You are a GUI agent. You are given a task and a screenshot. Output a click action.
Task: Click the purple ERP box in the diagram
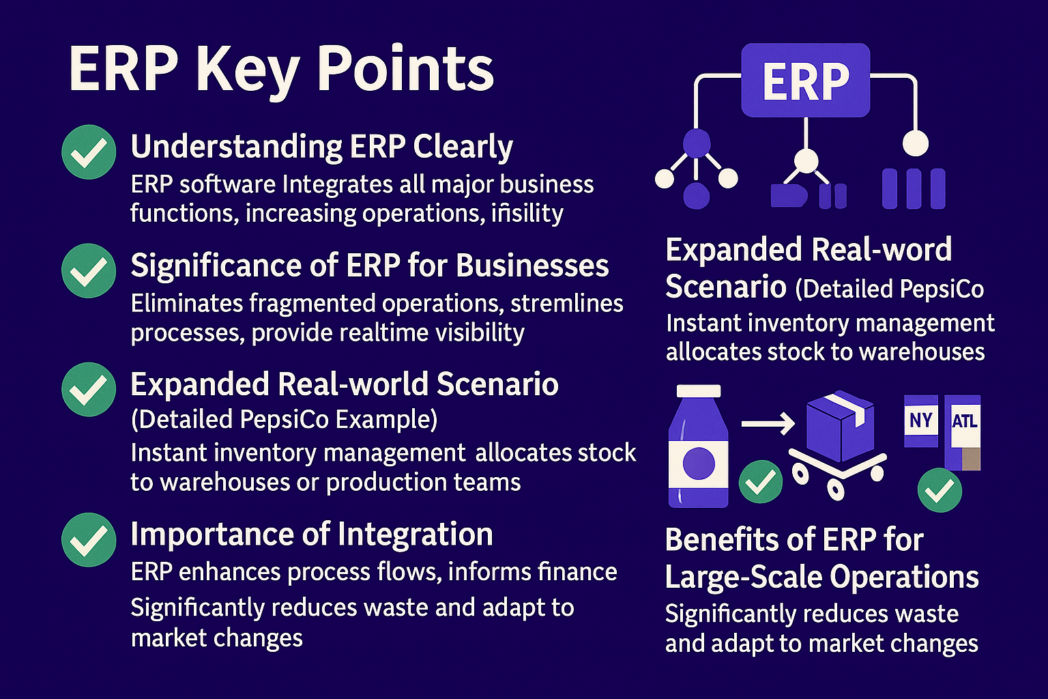pyautogui.click(x=805, y=80)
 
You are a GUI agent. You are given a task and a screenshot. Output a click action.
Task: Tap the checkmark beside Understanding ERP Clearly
pyautogui.click(x=89, y=152)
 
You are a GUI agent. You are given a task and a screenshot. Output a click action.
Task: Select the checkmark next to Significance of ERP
pyautogui.click(x=89, y=270)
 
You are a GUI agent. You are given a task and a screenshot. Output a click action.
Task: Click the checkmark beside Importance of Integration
pyautogui.click(x=89, y=540)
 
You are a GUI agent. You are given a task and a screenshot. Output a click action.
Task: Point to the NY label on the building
pyautogui.click(x=920, y=420)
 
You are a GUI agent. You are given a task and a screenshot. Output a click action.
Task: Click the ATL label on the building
pyautogui.click(x=964, y=421)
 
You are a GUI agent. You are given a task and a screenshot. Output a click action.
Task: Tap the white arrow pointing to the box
pyautogui.click(x=768, y=424)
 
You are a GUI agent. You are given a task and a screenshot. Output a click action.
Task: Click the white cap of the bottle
pyautogui.click(x=699, y=391)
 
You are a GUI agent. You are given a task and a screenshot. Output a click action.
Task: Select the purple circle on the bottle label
pyautogui.click(x=699, y=463)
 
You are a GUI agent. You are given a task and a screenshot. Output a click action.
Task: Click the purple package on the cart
pyautogui.click(x=841, y=425)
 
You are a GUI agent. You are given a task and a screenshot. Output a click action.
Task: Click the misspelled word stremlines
pyautogui.click(x=566, y=303)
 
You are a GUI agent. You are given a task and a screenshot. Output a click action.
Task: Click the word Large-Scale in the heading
pyautogui.click(x=744, y=577)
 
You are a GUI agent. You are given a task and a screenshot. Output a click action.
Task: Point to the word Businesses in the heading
pyautogui.click(x=532, y=266)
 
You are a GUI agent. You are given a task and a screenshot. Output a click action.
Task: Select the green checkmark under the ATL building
pyautogui.click(x=940, y=489)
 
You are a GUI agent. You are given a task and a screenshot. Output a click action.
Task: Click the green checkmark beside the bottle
pyautogui.click(x=760, y=481)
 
